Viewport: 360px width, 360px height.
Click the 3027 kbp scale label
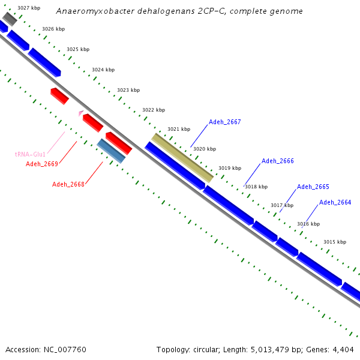[29, 8]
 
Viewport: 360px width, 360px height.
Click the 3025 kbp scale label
[77, 49]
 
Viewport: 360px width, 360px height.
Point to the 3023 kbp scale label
[128, 90]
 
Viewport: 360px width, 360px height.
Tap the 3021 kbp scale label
[178, 129]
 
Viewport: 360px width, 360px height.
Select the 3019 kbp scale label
[229, 168]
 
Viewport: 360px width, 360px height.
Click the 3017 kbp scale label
[281, 205]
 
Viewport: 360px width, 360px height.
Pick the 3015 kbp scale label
[334, 242]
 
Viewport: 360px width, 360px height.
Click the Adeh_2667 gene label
[224, 122]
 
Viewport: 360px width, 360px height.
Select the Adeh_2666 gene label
[277, 161]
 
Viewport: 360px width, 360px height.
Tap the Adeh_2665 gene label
[313, 187]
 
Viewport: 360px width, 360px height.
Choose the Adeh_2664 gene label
[335, 202]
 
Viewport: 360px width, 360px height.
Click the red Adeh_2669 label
[41, 164]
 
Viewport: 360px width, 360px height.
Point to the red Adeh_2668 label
[68, 184]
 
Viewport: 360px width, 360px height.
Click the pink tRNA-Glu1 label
[30, 154]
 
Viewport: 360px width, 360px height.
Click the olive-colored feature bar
[182, 157]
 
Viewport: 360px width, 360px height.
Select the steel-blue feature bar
[111, 151]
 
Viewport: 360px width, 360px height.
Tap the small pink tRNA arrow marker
[80, 113]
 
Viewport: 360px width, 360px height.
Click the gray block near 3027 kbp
[10, 18]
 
